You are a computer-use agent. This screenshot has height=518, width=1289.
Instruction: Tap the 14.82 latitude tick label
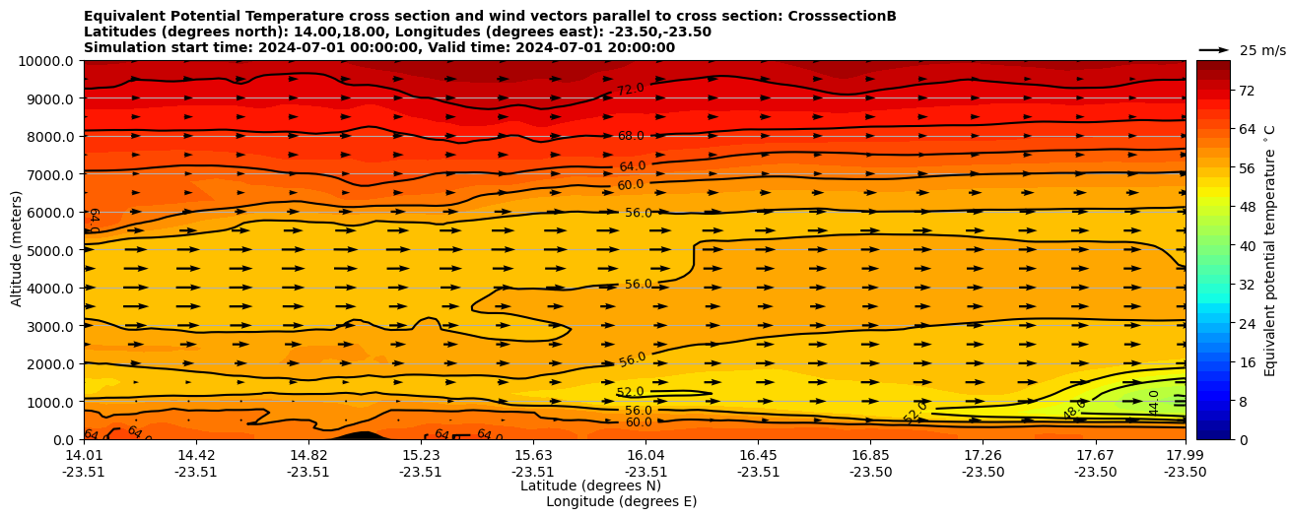tap(308, 455)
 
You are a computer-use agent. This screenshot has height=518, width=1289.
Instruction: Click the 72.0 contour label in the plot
tap(631, 90)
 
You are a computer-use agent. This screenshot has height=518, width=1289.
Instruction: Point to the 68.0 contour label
tap(631, 136)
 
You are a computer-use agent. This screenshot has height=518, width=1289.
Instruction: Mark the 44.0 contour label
tap(1154, 402)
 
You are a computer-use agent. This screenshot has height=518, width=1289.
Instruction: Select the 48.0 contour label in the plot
tap(1074, 410)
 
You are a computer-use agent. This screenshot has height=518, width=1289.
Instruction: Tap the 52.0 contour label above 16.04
tap(630, 392)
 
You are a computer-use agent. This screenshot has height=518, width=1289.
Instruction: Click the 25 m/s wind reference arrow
tap(1214, 49)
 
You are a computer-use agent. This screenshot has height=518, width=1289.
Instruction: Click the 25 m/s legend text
tap(1261, 50)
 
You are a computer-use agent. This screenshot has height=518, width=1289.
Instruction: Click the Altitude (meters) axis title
tap(17, 250)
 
